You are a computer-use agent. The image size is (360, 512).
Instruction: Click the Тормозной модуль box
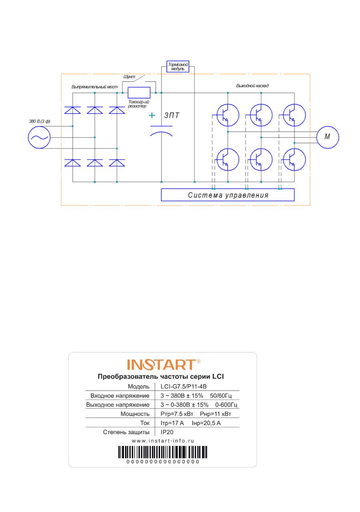(x=178, y=67)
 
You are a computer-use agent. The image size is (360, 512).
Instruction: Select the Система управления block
(x=227, y=195)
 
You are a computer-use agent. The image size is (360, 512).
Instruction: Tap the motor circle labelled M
(x=327, y=137)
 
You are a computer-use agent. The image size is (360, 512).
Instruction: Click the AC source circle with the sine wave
(x=39, y=137)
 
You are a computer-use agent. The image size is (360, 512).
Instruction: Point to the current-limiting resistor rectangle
(x=139, y=93)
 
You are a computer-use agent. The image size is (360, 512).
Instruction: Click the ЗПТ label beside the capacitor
(x=172, y=115)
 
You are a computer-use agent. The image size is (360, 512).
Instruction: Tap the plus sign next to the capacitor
(x=152, y=115)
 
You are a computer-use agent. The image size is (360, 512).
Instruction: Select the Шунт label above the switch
(x=129, y=76)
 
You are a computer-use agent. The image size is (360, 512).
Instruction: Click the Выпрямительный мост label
(x=95, y=87)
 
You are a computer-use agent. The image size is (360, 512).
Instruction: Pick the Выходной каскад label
(x=252, y=86)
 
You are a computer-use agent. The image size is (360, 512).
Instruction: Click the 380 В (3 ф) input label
(x=40, y=121)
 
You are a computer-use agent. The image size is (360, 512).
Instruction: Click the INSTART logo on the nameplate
(x=163, y=364)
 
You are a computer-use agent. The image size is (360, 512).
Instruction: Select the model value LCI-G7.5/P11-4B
(x=183, y=386)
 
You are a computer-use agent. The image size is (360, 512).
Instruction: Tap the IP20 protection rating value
(x=167, y=432)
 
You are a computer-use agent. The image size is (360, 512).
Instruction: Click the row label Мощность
(x=135, y=414)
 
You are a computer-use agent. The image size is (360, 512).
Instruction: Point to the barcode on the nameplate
(x=163, y=452)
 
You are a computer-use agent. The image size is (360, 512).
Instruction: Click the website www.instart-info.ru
(x=163, y=441)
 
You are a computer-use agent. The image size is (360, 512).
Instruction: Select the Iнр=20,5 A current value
(x=206, y=423)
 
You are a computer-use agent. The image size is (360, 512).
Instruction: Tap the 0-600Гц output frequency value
(x=226, y=405)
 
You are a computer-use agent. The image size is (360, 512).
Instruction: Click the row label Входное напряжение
(x=120, y=395)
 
